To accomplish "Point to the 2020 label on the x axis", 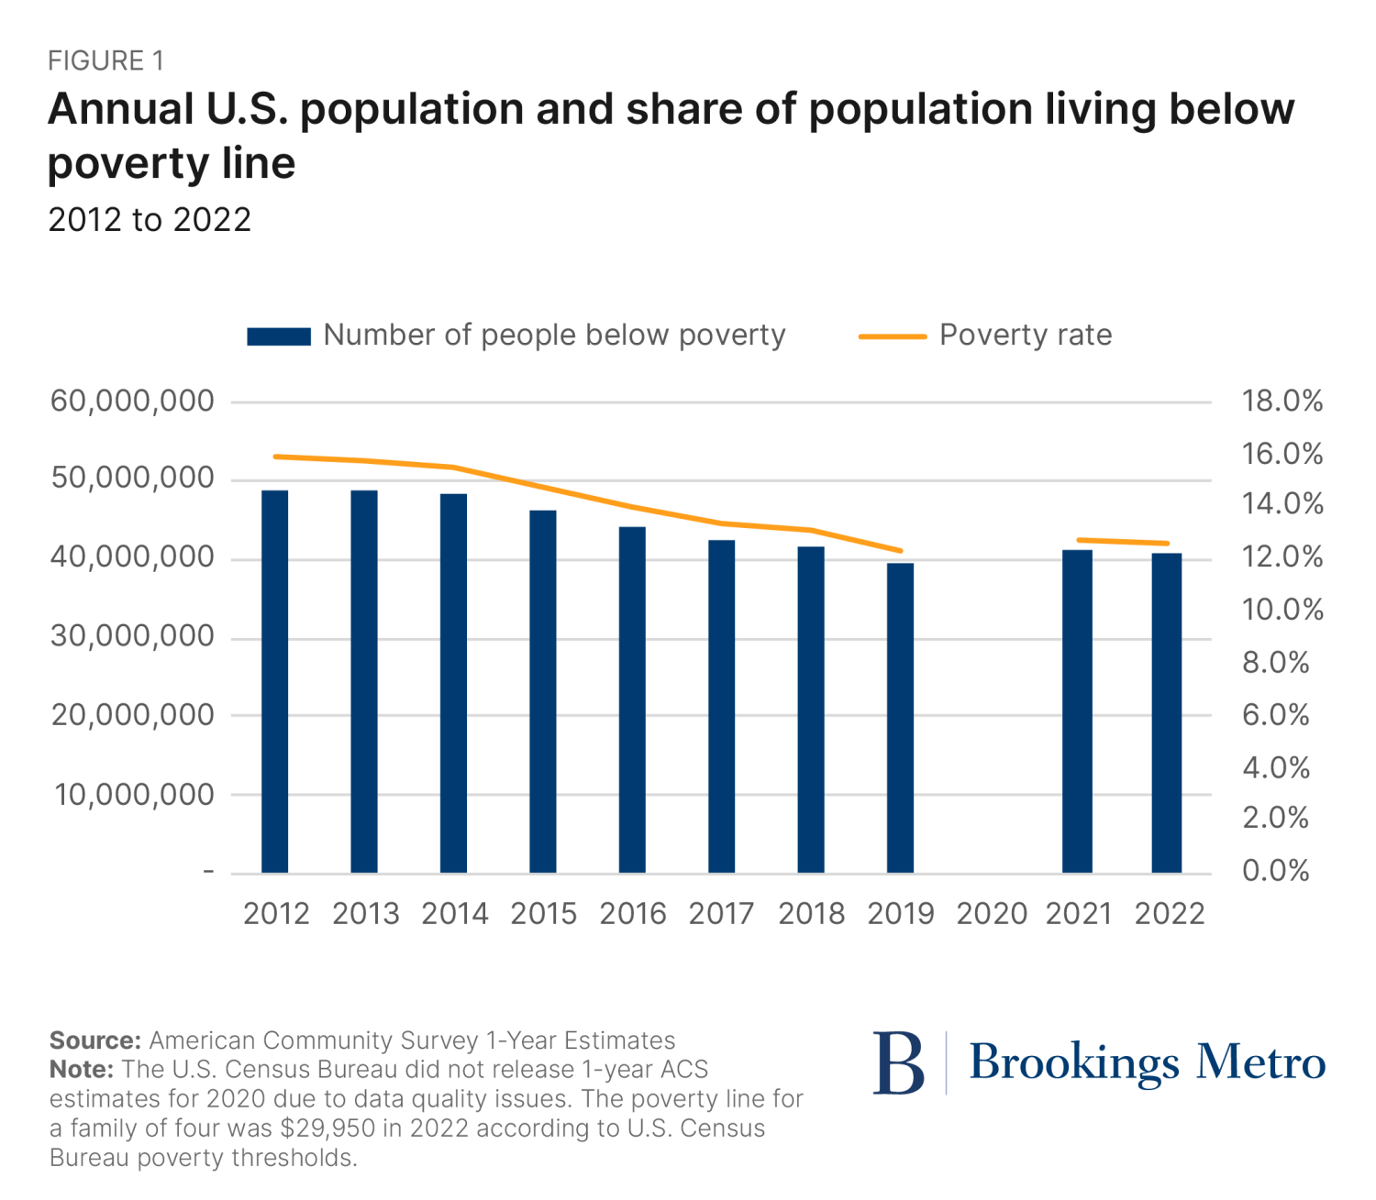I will pos(992,914).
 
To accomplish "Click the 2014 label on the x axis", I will pos(454,914).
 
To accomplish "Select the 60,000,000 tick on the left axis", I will pos(133,402).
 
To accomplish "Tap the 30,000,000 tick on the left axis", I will pos(133,636).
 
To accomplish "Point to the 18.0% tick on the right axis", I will pos(1282,402).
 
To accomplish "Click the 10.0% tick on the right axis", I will pos(1282,610).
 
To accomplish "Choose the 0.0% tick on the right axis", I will pos(1276,871).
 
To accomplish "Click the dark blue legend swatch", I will pos(279,336).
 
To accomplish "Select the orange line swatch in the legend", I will pos(892,336).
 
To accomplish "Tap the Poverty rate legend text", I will pos(1026,336).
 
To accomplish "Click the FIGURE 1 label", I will pos(105,61).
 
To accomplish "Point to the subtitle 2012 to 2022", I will pos(150,220).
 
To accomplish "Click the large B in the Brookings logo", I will pos(898,1063).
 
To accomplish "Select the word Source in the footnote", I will pos(94,1040).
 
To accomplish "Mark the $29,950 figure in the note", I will pos(329,1128).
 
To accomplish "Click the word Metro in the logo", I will pos(1260,1062).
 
